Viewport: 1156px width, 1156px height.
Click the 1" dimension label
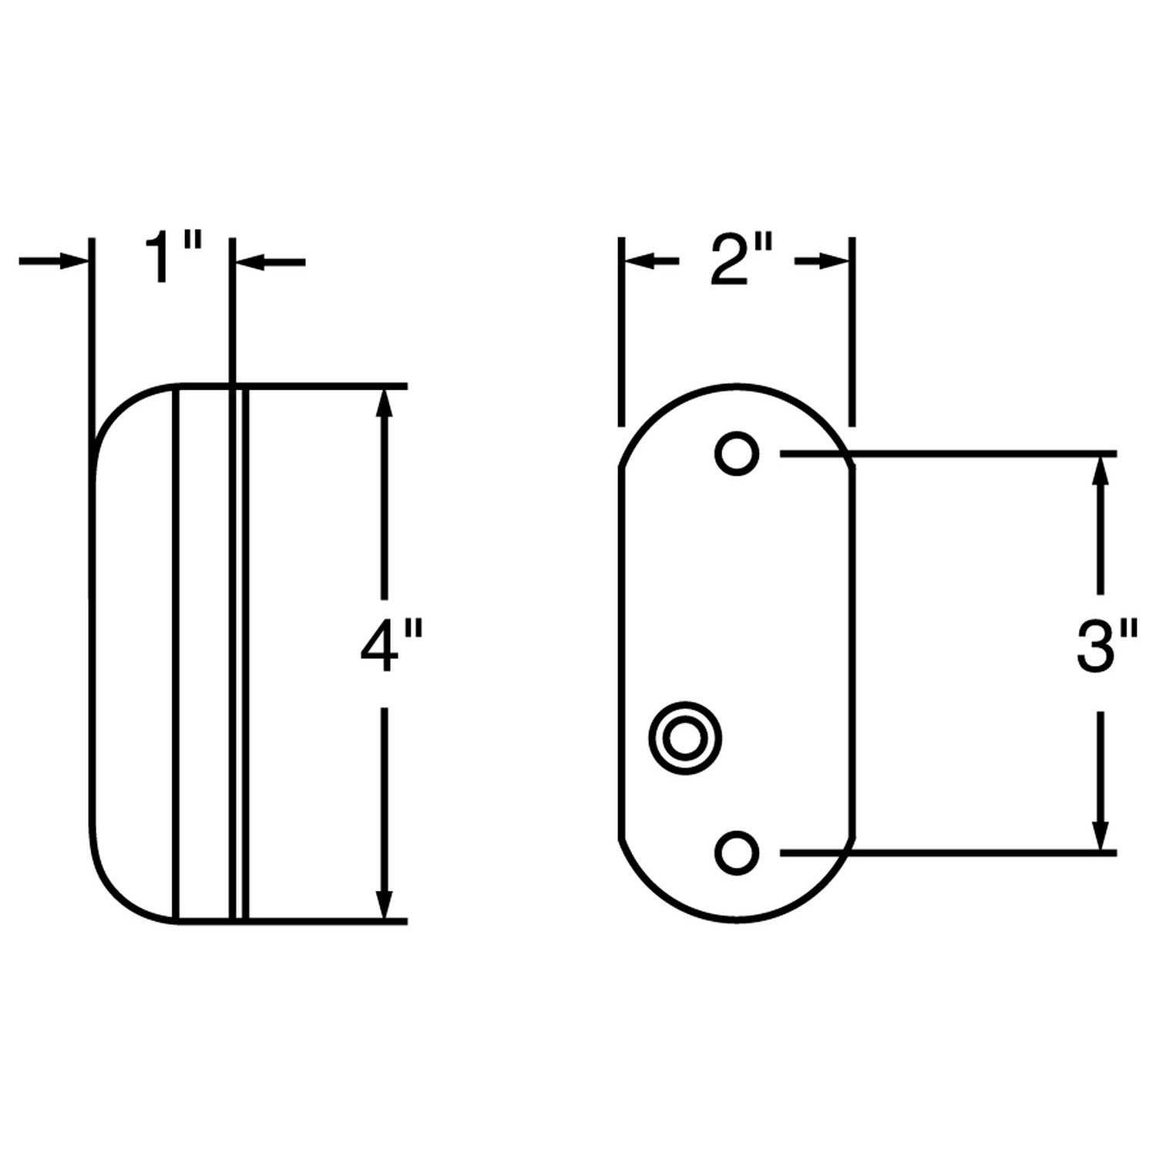click(x=174, y=260)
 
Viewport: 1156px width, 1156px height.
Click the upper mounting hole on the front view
click(x=737, y=453)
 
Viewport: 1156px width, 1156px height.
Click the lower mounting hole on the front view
click(x=737, y=852)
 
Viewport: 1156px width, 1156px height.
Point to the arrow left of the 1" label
click(x=54, y=262)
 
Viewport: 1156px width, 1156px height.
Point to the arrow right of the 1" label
click(x=270, y=263)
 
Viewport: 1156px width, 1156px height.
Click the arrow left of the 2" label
click(x=651, y=262)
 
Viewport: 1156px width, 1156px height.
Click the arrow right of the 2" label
click(x=823, y=262)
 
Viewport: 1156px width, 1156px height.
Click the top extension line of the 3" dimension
click(x=948, y=454)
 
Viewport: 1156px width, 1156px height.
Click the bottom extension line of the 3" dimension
click(x=948, y=852)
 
